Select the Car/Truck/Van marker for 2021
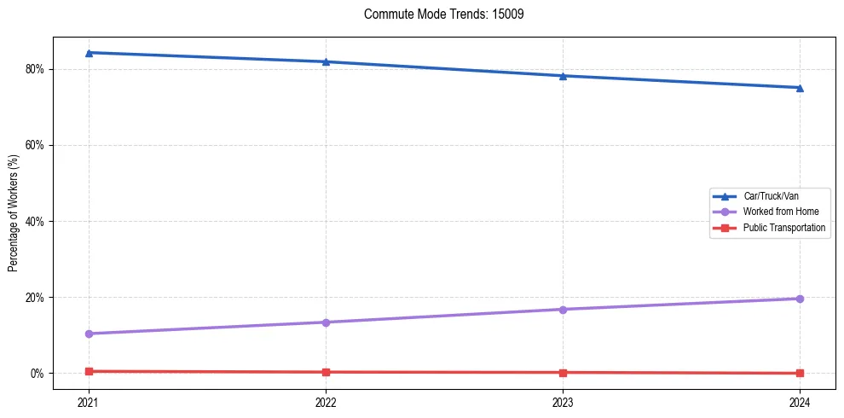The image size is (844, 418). tap(89, 53)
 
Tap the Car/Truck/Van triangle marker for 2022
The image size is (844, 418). tap(326, 61)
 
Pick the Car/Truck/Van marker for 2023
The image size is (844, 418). tap(563, 76)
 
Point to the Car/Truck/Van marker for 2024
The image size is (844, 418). tap(800, 88)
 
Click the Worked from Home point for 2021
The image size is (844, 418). tap(89, 334)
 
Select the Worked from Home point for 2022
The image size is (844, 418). tap(326, 322)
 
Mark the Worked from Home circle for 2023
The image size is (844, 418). tap(563, 309)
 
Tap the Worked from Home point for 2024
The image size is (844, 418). tap(800, 299)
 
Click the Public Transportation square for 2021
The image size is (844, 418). tap(89, 371)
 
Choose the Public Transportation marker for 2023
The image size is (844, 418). tap(563, 373)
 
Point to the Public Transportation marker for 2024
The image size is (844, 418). tap(800, 373)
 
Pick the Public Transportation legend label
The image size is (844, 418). tap(783, 228)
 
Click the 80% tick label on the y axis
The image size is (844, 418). tap(34, 69)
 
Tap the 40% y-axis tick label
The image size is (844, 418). tap(34, 222)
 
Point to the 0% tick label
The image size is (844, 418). tap(37, 374)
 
